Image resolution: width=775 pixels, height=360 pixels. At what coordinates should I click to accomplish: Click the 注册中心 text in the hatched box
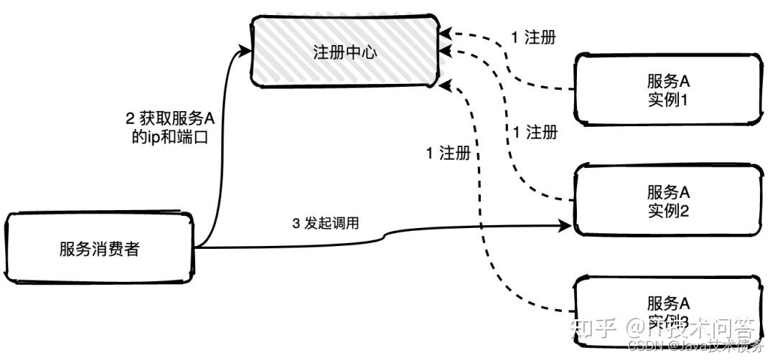[x=344, y=53]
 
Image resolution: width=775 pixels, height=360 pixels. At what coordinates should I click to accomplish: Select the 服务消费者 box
[x=100, y=249]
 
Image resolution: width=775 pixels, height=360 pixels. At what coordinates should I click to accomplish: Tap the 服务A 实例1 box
[x=667, y=89]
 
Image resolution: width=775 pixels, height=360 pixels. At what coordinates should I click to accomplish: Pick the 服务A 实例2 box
[x=667, y=200]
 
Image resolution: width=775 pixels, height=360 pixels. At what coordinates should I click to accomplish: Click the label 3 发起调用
[x=325, y=223]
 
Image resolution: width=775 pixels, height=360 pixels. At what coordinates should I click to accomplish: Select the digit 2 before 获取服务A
[x=128, y=118]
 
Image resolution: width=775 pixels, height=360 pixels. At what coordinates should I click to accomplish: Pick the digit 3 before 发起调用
[x=296, y=223]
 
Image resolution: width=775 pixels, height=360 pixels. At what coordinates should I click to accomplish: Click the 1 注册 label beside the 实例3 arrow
[x=448, y=153]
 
